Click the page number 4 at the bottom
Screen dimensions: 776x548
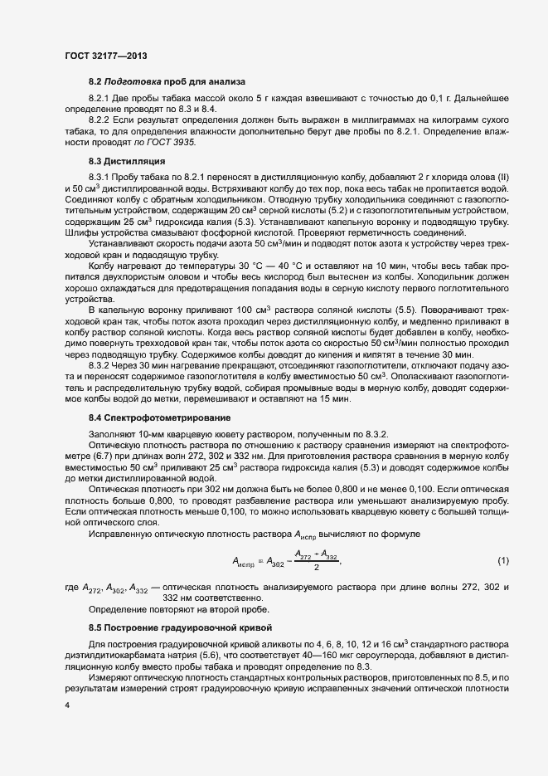tap(67, 705)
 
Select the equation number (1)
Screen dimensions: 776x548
tap(502, 562)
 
